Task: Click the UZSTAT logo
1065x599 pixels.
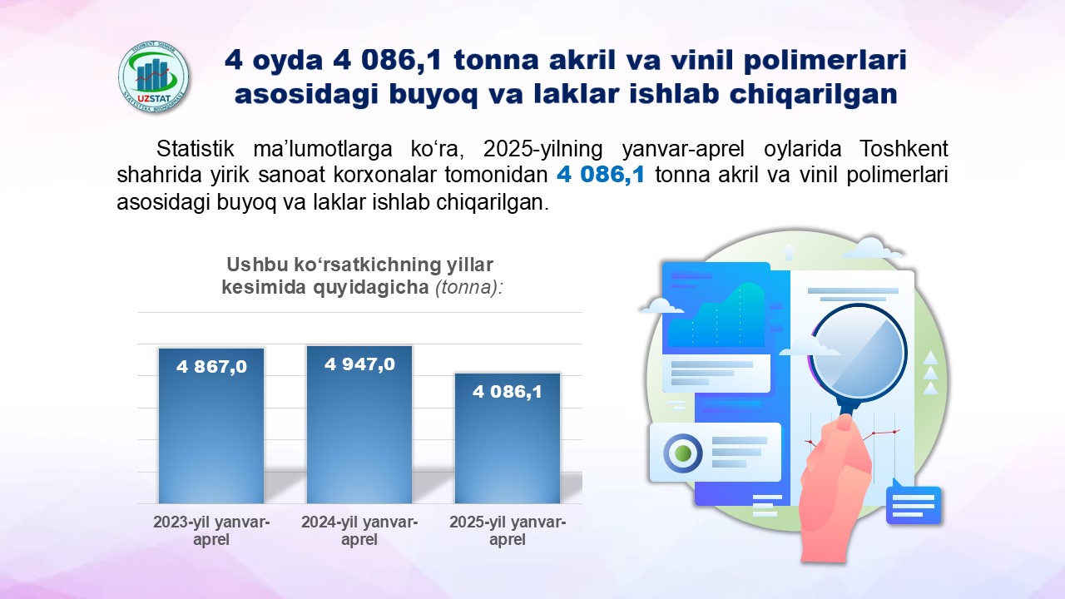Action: pos(153,77)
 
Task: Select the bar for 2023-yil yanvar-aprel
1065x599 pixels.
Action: pos(211,426)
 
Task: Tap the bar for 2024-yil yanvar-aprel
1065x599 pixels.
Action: pos(359,424)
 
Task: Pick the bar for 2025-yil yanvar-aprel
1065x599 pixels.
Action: pos(508,438)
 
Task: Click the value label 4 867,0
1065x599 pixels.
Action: pos(211,367)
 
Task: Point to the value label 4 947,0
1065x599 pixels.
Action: pos(360,364)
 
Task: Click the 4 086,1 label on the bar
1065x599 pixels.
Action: pos(508,392)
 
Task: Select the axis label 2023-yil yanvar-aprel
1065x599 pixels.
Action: pos(211,531)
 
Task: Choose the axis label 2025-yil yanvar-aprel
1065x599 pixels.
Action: pos(508,531)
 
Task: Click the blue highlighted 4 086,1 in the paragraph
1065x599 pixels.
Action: pos(601,175)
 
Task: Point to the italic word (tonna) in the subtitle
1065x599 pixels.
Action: pos(469,287)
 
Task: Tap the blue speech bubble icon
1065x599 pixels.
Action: pos(914,503)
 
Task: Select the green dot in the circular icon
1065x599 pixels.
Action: pos(683,453)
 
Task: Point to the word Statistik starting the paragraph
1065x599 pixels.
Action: pos(195,149)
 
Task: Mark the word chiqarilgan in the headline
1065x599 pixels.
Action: pos(814,94)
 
